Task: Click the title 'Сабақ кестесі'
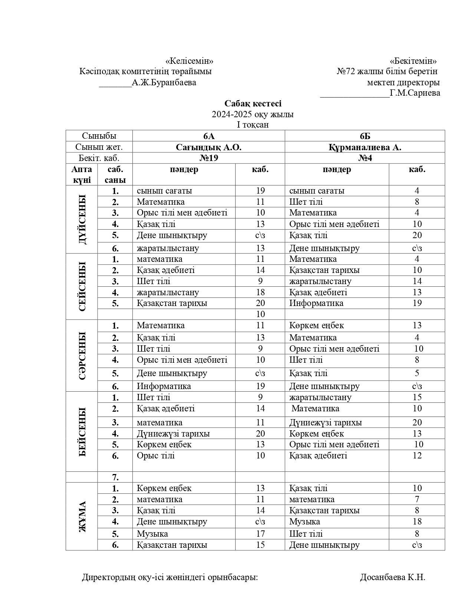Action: (253, 103)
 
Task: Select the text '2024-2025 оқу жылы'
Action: (253, 114)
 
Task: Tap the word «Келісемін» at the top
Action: (189, 61)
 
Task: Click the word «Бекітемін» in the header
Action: (413, 61)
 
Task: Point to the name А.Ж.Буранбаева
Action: (164, 82)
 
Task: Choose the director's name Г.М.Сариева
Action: (415, 93)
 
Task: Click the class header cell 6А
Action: (208, 136)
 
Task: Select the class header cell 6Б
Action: (365, 136)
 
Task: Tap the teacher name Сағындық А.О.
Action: (208, 147)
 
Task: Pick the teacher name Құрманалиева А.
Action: (365, 147)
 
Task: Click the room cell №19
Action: (208, 158)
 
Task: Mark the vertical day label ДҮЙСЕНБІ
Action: (82, 219)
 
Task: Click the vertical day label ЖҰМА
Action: (82, 516)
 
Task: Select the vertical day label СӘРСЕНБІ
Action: (82, 355)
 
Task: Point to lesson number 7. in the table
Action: (115, 477)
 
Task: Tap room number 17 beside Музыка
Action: (260, 534)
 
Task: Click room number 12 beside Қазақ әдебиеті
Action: (417, 455)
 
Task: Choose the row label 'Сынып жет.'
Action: (99, 147)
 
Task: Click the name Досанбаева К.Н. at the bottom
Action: (392, 577)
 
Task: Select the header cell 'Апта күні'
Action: (82, 175)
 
